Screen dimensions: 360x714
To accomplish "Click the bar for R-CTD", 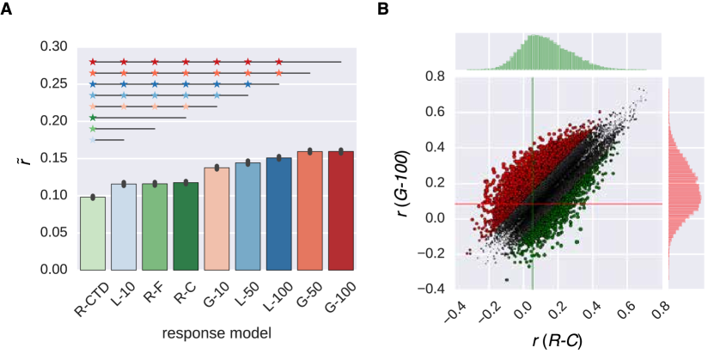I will point(93,233).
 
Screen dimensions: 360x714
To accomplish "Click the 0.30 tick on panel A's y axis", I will point(58,46).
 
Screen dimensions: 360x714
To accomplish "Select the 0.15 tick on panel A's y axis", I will point(58,158).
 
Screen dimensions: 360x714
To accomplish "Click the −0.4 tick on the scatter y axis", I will point(432,290).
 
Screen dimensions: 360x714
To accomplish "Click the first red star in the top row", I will point(93,62).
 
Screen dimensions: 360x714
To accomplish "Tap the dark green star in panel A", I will point(93,118).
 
